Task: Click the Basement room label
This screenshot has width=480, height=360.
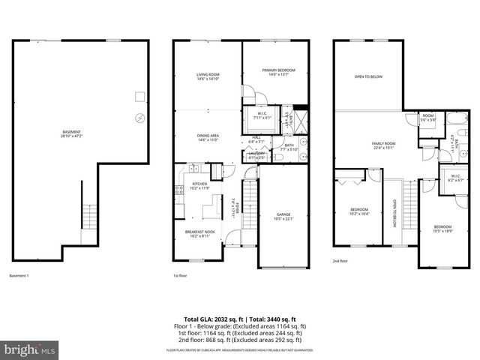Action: point(71,135)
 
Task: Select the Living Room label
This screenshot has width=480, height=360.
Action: point(208,76)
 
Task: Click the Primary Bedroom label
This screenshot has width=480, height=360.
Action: point(278,72)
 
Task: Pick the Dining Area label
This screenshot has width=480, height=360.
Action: point(208,138)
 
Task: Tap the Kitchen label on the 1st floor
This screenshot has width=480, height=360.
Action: point(199,184)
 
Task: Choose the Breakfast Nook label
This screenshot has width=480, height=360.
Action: point(200,233)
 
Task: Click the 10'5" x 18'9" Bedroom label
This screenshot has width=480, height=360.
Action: point(442,228)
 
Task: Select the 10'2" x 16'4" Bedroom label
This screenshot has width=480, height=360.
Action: point(359,211)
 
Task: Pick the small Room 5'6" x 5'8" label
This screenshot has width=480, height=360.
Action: point(427,118)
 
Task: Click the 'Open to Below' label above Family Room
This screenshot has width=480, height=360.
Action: point(369,76)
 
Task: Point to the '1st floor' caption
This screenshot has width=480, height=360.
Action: point(181,276)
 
